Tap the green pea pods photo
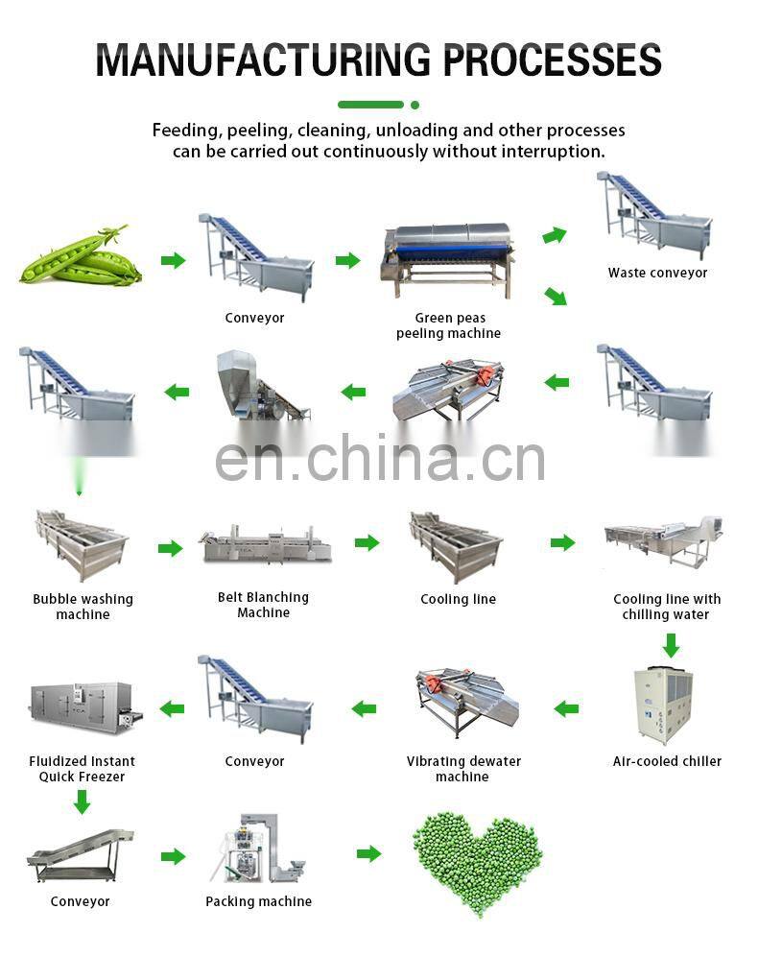pos(80,257)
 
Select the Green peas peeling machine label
pos(449,325)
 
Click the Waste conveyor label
pos(657,273)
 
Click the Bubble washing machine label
pos(83,607)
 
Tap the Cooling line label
pos(458,599)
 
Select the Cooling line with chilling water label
pos(667,607)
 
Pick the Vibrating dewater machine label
pos(463,769)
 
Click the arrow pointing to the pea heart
pos(368,853)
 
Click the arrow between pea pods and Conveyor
pos(173,260)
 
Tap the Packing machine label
pos(258,901)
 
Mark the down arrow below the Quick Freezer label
pos(83,801)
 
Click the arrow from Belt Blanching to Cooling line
pos(367,543)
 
